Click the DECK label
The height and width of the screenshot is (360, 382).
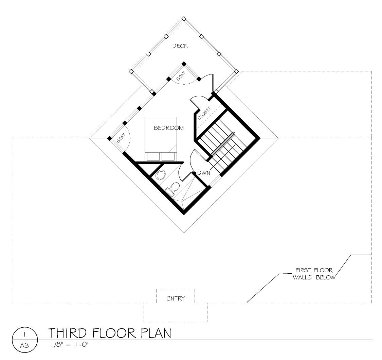point(180,46)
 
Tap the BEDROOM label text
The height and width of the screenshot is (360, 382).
point(168,128)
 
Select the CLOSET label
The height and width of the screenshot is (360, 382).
point(204,114)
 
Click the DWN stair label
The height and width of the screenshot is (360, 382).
point(204,173)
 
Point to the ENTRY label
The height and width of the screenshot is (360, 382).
point(176,298)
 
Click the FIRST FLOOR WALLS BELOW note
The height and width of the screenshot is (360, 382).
point(314,274)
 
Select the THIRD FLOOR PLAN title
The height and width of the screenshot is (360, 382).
point(110,333)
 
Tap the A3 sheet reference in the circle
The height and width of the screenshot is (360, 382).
point(24,345)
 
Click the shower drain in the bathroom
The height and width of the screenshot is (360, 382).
point(182,201)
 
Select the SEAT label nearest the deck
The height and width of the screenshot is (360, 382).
point(181,76)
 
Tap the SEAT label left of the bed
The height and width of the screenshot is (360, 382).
point(121,138)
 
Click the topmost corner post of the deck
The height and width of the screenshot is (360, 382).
point(184,19)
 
